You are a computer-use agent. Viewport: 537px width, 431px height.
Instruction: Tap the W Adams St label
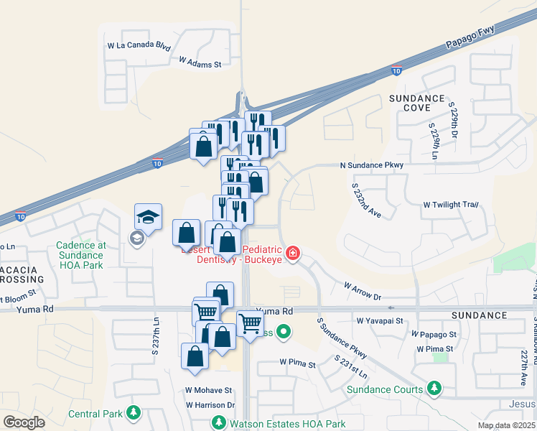[200, 63]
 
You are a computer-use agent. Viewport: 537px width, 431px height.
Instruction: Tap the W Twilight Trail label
[450, 205]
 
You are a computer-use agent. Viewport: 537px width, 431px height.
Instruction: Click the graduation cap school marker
[148, 215]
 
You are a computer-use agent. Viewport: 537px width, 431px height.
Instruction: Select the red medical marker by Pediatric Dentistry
[292, 253]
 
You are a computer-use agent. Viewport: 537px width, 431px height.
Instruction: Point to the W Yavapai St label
[380, 320]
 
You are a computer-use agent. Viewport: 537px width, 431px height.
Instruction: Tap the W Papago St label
[434, 335]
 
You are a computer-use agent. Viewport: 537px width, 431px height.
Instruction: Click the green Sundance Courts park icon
[434, 389]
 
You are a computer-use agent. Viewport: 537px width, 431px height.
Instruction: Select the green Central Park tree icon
[133, 413]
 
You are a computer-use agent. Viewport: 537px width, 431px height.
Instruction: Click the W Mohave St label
[209, 391]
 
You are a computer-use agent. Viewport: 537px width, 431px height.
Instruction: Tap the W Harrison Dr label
[210, 405]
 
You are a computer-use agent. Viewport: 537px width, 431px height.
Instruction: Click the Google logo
[24, 422]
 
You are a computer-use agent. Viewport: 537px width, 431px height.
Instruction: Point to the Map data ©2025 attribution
[507, 425]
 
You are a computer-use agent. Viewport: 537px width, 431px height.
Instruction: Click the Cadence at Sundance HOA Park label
[80, 255]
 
